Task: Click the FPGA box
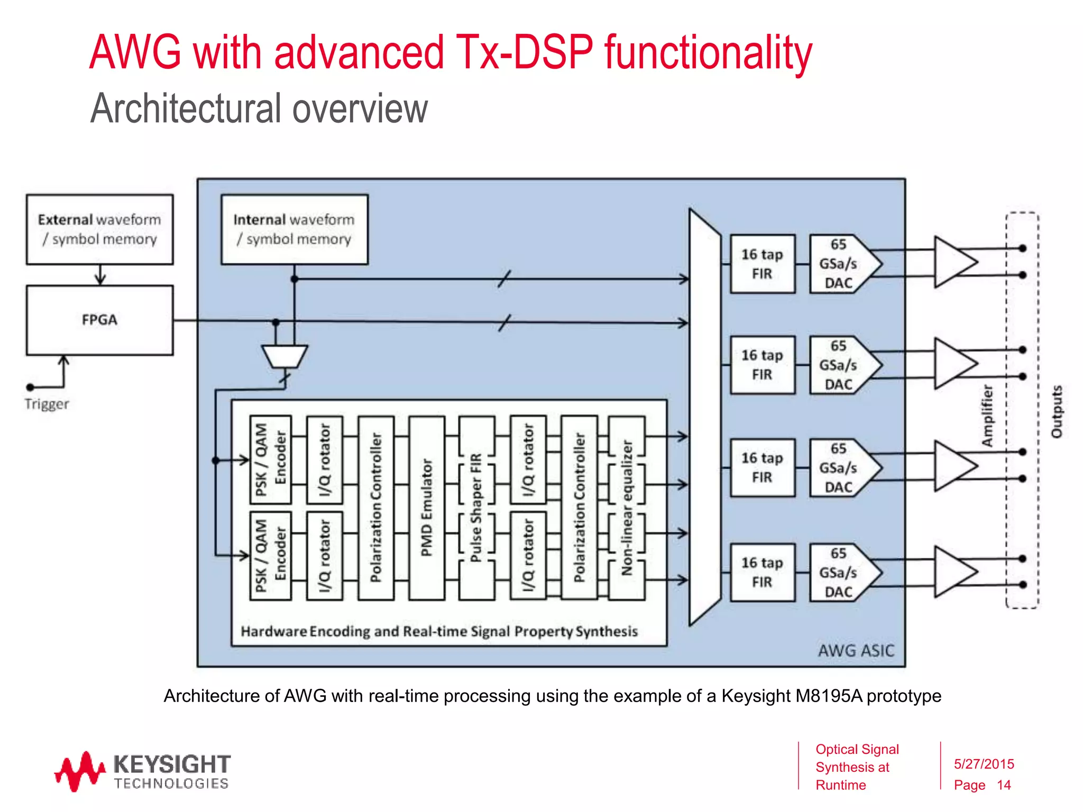click(x=99, y=320)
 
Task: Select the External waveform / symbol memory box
click(x=99, y=229)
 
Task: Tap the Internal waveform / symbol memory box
click(x=294, y=229)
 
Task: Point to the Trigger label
click(x=47, y=404)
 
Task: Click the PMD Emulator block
click(x=427, y=508)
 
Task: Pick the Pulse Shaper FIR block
click(x=476, y=508)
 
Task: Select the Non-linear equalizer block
click(x=627, y=508)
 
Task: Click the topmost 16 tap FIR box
click(x=762, y=264)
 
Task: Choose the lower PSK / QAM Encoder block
click(x=270, y=556)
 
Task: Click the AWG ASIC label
click(x=856, y=650)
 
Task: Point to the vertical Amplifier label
click(x=987, y=416)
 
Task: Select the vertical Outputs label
click(x=1057, y=412)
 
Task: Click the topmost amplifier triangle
click(x=953, y=262)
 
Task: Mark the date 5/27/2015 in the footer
click(x=984, y=764)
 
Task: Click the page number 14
click(x=1004, y=785)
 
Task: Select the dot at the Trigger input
click(x=31, y=387)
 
